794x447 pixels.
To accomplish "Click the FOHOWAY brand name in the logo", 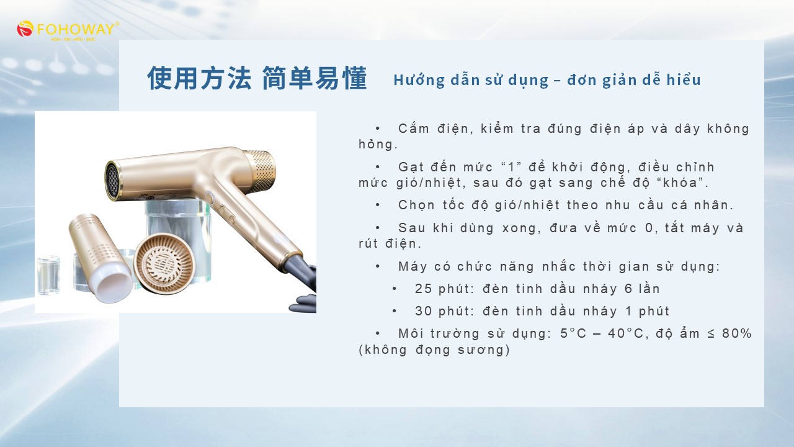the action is click(x=76, y=29).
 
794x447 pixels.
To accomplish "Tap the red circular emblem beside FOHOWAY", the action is click(x=25, y=29).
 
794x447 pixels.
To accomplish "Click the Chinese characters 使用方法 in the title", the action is click(x=199, y=78).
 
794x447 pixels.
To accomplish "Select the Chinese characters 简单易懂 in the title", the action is click(x=314, y=78).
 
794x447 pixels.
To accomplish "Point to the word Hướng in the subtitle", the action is click(x=419, y=80).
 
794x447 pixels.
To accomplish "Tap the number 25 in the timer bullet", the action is click(x=424, y=289).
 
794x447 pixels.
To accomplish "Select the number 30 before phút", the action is click(x=424, y=311).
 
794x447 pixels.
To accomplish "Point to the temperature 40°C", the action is click(x=625, y=333).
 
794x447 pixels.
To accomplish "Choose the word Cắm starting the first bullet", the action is click(x=414, y=129).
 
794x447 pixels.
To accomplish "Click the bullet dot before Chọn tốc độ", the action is click(x=378, y=205).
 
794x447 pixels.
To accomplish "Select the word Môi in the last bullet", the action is click(x=411, y=333).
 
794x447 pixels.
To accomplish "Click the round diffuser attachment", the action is click(x=164, y=263).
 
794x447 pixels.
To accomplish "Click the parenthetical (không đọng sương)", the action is click(x=434, y=350).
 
